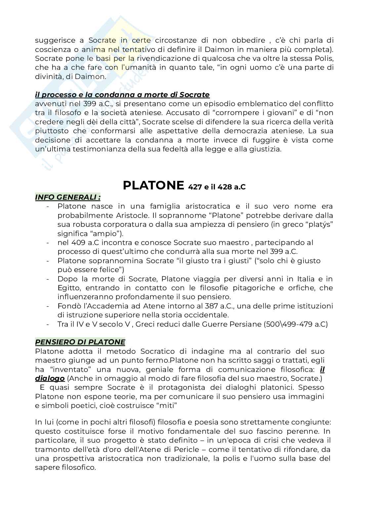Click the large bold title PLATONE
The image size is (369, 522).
tap(153, 185)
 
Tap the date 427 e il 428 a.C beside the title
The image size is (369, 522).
tap(217, 187)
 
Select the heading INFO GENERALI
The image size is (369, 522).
tap(68, 197)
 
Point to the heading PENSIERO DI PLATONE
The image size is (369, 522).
tap(80, 342)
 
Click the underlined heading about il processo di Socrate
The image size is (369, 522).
tap(122, 95)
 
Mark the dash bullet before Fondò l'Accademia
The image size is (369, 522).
tap(49, 306)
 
